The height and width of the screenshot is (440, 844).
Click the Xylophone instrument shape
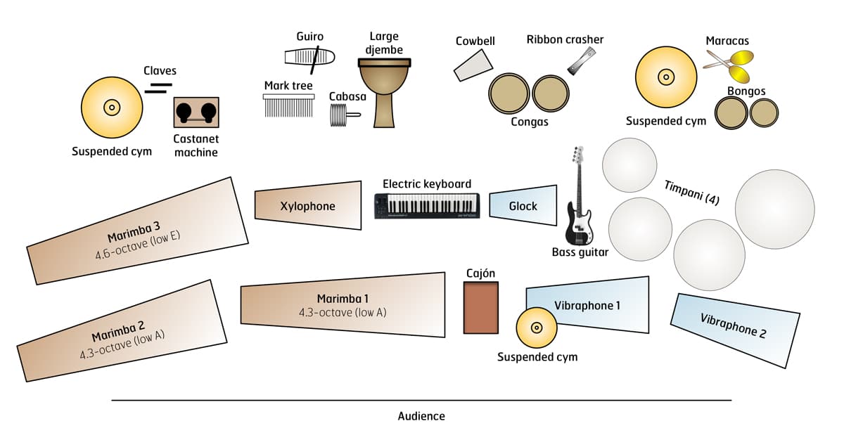(307, 206)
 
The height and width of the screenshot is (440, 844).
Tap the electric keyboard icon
(428, 206)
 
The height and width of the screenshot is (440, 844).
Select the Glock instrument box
(523, 205)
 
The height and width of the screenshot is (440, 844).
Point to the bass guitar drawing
(578, 204)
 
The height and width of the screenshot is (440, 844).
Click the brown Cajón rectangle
(481, 307)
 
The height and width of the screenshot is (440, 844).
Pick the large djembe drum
(383, 91)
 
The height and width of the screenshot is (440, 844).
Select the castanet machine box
(196, 112)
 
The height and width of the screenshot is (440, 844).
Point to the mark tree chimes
(288, 105)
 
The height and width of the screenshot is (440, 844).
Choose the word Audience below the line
(421, 416)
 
